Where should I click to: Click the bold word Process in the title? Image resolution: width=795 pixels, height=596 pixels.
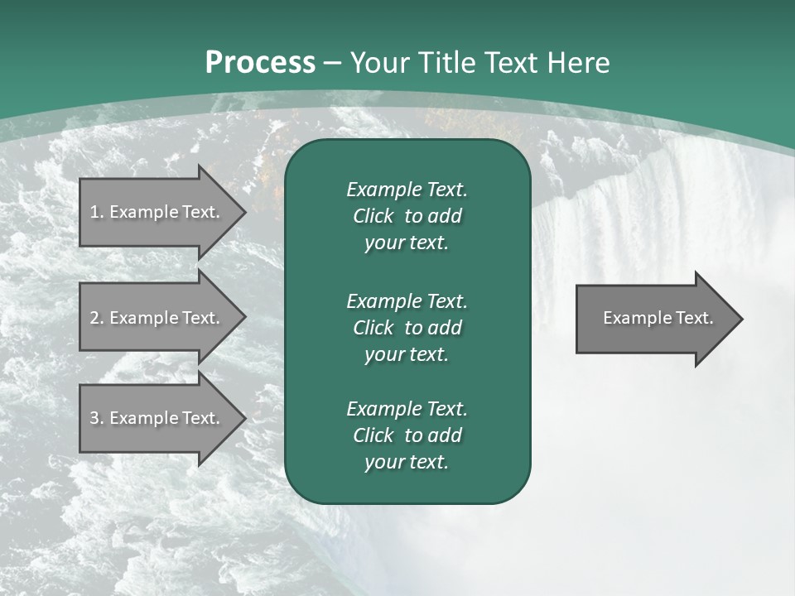click(x=260, y=63)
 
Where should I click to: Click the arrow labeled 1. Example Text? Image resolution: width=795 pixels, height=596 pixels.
click(x=157, y=212)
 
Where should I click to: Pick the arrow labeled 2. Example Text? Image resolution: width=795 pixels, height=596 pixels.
click(x=157, y=318)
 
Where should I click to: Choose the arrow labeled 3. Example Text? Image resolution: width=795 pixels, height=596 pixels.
click(x=157, y=418)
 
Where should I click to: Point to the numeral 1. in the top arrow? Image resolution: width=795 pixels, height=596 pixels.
click(x=97, y=212)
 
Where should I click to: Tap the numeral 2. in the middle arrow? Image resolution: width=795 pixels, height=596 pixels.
click(x=97, y=318)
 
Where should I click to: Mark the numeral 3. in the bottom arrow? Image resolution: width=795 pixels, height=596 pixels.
click(x=97, y=418)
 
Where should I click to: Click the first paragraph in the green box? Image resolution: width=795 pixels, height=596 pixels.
click(x=407, y=216)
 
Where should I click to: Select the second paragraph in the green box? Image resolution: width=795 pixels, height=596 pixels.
click(x=407, y=328)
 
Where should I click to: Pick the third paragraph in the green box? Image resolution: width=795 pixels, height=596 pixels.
click(x=407, y=435)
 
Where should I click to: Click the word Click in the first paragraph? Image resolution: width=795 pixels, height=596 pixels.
click(x=373, y=216)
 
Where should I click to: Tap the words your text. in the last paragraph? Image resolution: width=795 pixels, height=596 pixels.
click(x=407, y=463)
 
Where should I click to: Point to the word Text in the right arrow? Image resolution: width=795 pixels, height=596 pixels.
click(x=694, y=318)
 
